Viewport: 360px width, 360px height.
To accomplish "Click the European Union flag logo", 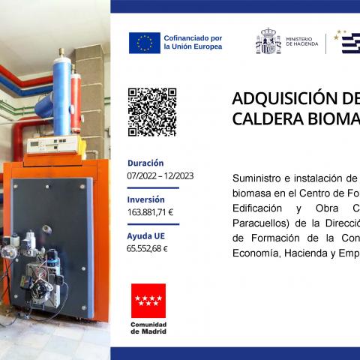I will pos(145,43).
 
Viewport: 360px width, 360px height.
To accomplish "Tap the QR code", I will pos(152,112).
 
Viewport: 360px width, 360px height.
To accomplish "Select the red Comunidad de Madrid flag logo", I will pos(148,300).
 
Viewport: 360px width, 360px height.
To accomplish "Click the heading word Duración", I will pos(145,163).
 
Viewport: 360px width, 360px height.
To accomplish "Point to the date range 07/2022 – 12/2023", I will pos(160,175).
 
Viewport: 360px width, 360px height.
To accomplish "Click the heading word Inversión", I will pos(145,199).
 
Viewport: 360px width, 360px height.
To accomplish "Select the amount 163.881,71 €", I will pos(150,212).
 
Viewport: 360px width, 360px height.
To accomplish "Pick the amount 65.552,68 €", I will pos(147,249).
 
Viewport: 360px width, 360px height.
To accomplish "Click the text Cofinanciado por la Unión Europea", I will pos(192,42).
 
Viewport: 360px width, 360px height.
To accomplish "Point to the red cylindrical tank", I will pos(76,101).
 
